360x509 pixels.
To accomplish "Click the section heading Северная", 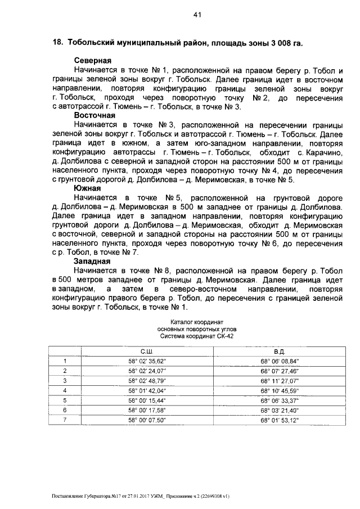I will [x=93, y=60].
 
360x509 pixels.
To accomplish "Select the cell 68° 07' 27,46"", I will [x=280, y=371].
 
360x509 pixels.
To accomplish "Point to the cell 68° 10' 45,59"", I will [x=280, y=390].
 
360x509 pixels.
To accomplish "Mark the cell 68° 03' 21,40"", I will [x=280, y=410].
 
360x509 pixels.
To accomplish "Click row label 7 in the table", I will [x=65, y=420].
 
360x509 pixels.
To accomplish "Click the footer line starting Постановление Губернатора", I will [x=141, y=497].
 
